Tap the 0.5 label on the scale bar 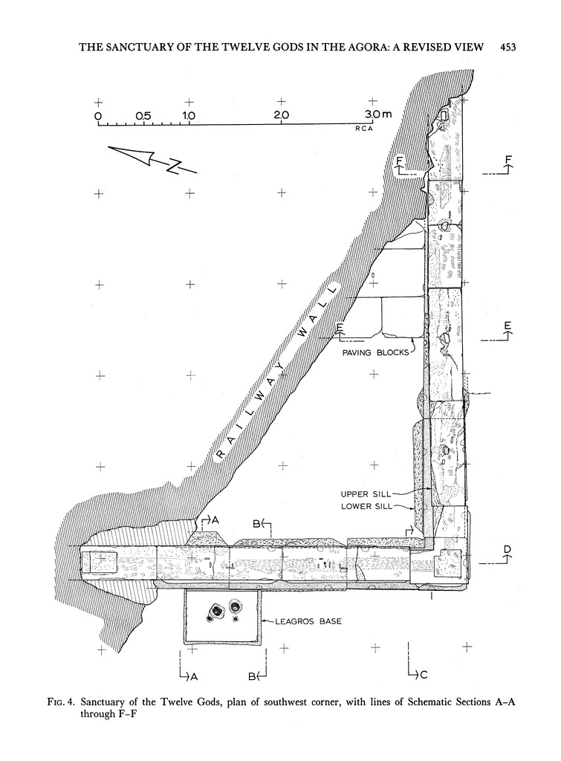143,116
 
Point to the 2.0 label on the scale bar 281,116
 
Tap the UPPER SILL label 365,493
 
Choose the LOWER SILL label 365,506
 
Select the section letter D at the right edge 508,550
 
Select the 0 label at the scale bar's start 97,116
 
